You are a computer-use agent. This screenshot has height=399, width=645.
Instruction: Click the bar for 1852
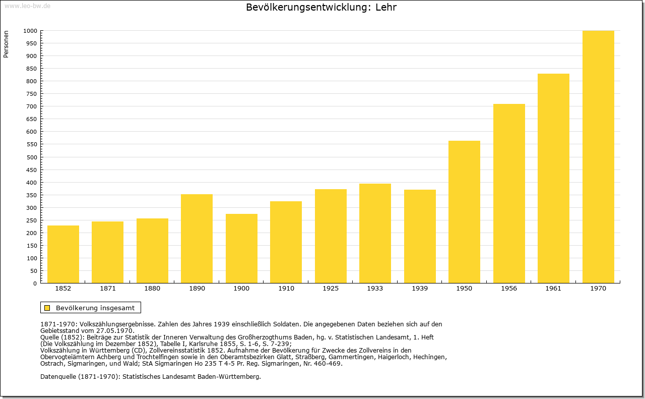(x=63, y=254)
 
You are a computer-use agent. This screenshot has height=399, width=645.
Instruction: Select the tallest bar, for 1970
(x=598, y=157)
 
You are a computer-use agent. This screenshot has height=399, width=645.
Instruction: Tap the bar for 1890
(x=197, y=239)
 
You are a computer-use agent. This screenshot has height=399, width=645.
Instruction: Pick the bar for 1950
(x=464, y=212)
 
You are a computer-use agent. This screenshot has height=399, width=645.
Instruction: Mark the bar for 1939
(x=420, y=236)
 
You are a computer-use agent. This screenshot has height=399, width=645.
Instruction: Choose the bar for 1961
(x=553, y=178)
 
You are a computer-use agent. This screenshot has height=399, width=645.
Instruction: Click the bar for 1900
(x=241, y=248)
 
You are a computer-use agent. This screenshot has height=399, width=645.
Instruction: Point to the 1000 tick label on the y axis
(x=30, y=31)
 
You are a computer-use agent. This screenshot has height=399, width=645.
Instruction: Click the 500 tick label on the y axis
(x=32, y=157)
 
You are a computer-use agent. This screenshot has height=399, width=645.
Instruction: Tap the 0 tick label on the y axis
(x=35, y=283)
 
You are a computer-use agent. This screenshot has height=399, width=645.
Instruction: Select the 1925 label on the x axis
(x=331, y=289)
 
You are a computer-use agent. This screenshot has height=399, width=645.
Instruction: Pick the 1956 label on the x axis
(x=509, y=289)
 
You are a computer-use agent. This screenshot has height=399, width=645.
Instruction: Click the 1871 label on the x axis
(x=108, y=289)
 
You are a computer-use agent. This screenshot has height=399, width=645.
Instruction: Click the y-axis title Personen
(x=6, y=44)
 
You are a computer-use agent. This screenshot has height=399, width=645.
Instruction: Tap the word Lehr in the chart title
(x=386, y=7)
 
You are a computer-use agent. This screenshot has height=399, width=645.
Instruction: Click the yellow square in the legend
(x=47, y=308)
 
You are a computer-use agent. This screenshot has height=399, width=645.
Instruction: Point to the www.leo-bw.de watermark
(x=27, y=6)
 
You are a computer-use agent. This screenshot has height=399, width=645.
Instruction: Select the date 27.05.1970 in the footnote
(x=115, y=331)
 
